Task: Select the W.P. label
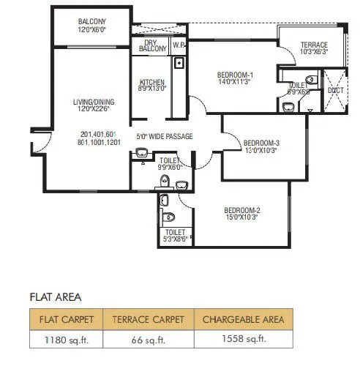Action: click(x=179, y=45)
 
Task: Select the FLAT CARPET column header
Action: click(x=66, y=319)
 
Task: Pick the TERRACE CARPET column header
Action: click(x=149, y=319)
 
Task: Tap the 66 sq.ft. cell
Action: click(x=149, y=340)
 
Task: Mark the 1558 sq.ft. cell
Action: click(x=244, y=340)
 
